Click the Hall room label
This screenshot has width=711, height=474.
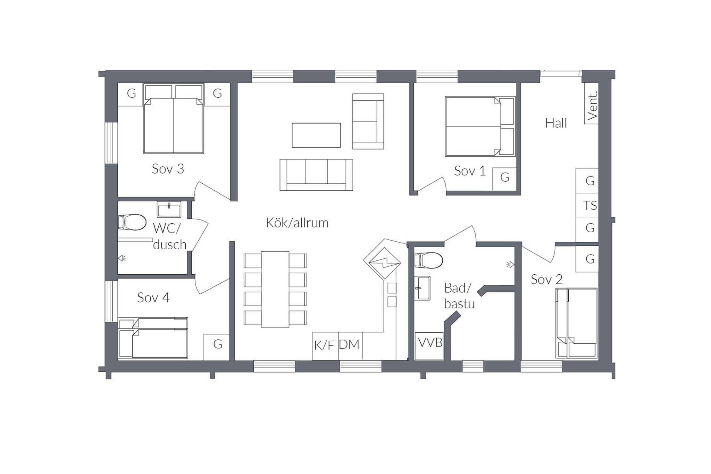[556, 123]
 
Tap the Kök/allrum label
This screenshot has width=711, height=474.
[297, 223]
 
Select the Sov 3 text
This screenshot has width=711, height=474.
[168, 169]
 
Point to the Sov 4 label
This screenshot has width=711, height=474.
[153, 298]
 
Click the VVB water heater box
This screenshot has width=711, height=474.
[429, 346]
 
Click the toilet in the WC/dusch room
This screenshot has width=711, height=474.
[132, 222]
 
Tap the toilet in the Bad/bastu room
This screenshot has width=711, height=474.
[429, 260]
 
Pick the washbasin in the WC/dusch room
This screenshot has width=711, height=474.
[169, 209]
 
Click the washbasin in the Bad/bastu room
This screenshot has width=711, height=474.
[422, 288]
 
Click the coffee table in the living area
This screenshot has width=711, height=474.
[316, 135]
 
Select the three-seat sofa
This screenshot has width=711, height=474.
[316, 175]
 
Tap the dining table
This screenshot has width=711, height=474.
[275, 289]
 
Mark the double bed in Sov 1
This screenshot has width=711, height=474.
[480, 126]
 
